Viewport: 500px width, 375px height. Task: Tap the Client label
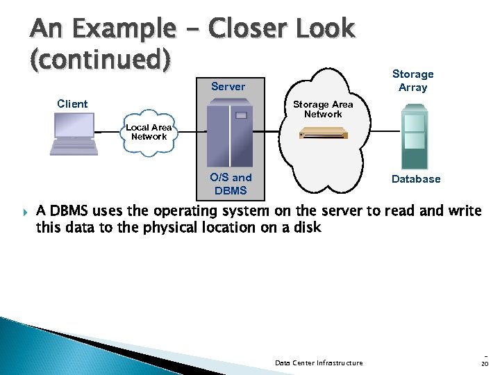(x=72, y=104)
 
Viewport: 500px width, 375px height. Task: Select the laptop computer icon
(x=73, y=135)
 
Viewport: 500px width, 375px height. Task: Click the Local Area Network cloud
(x=149, y=132)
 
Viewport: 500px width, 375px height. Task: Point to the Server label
(x=228, y=87)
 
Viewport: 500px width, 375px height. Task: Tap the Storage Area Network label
(x=323, y=109)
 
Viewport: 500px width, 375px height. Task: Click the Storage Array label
(x=412, y=81)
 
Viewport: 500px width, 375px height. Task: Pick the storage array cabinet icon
(x=414, y=136)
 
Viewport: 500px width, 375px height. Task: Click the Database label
(x=416, y=179)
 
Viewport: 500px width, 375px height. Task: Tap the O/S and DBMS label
(x=231, y=184)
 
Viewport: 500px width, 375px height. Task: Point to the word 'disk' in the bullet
(x=306, y=227)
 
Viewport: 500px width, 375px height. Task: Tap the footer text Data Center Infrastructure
(x=319, y=362)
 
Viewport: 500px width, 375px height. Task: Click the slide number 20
(x=484, y=362)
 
